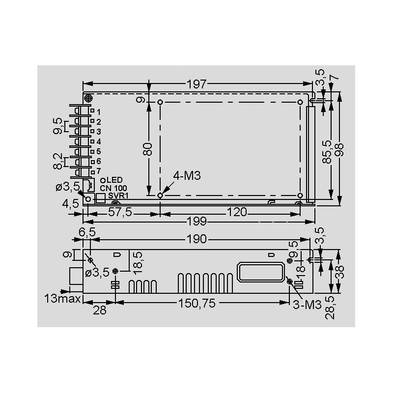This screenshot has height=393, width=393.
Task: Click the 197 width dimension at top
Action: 197,84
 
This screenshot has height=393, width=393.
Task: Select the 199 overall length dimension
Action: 197,222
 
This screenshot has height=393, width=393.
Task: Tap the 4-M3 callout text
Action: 187,176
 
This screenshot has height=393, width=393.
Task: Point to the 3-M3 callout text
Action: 307,305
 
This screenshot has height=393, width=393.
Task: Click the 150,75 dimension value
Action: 197,303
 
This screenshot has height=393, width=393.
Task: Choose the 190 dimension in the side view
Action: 197,239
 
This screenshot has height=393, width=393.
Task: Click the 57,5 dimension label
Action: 120,212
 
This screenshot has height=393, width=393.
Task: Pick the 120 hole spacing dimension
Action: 237,212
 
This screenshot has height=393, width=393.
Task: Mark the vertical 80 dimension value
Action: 148,149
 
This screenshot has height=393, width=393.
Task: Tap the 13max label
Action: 63,299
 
